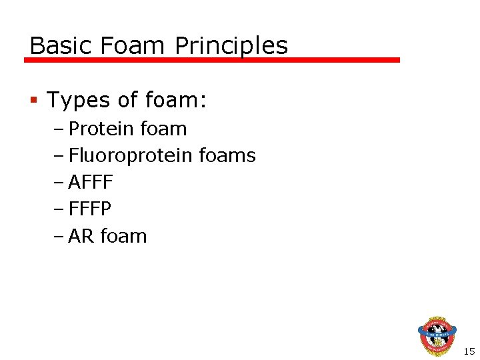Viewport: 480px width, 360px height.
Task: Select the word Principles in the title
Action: pyautogui.click(x=231, y=46)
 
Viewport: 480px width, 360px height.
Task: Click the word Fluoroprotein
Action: pyautogui.click(x=131, y=156)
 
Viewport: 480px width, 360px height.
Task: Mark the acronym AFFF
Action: pyautogui.click(x=91, y=183)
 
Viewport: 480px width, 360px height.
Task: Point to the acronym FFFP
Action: pyautogui.click(x=90, y=209)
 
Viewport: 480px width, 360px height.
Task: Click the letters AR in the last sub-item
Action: pyautogui.click(x=81, y=236)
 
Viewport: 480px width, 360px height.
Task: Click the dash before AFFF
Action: pyautogui.click(x=61, y=183)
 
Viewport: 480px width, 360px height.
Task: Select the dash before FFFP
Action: pyautogui.click(x=61, y=209)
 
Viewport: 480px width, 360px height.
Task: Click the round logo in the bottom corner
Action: pyautogui.click(x=437, y=335)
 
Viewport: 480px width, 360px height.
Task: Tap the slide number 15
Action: pyautogui.click(x=469, y=351)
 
